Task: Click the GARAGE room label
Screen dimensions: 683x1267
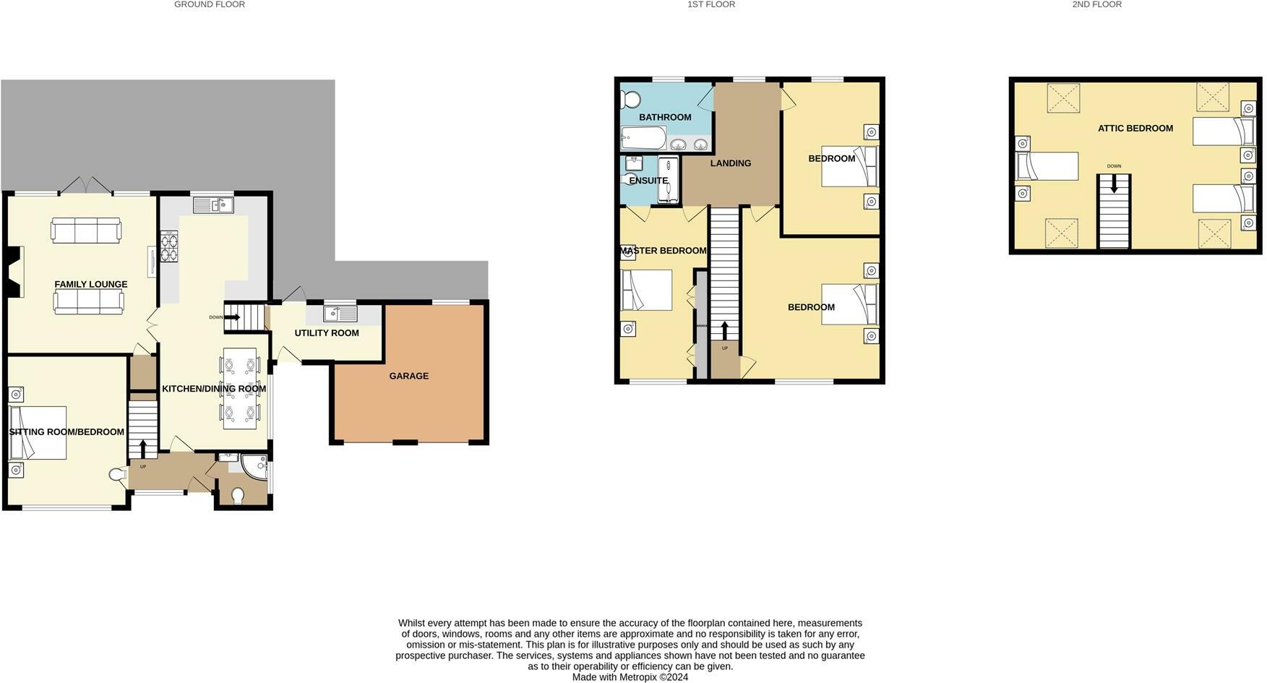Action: (x=408, y=376)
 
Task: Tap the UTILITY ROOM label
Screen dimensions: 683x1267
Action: (x=327, y=333)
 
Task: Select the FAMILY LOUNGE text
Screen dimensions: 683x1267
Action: (x=91, y=285)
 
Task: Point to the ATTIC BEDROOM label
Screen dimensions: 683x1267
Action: (x=1135, y=129)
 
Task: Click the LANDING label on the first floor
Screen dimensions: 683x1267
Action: (x=730, y=163)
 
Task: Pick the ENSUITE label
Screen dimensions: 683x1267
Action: (x=648, y=181)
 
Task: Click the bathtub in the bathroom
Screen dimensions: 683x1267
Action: (x=643, y=138)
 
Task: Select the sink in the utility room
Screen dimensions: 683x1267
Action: (x=340, y=314)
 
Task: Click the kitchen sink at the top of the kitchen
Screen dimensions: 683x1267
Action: (x=213, y=205)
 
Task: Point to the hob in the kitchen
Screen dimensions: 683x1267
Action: (x=169, y=246)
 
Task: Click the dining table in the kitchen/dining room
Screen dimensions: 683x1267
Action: (x=239, y=388)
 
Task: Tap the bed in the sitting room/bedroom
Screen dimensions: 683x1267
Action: (x=38, y=432)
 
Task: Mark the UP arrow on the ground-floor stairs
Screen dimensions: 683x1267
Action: (x=143, y=449)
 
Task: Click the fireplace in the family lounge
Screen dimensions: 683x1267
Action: (x=15, y=272)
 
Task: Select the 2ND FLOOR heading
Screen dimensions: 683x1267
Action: (x=1096, y=4)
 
